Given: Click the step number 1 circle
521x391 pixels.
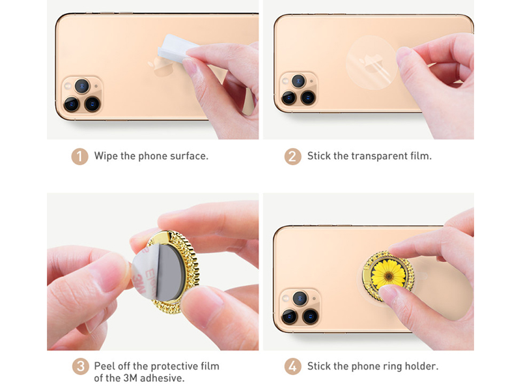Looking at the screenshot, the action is coord(79,156).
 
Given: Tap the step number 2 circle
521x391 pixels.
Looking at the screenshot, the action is coord(292,156).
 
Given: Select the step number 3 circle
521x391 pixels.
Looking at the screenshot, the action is coord(80,366).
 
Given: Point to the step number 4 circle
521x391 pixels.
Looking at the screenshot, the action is coord(292,366).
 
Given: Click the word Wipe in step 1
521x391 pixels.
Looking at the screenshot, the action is coord(106,156).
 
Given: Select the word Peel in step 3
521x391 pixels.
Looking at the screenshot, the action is coord(105,366).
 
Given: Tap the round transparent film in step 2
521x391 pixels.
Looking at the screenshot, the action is coord(371,63).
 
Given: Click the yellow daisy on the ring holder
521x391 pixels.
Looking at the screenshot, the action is coord(388,275).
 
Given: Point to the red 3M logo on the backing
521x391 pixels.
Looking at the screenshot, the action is coord(139,282).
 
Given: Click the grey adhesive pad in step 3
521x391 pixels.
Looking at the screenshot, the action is coord(170,272).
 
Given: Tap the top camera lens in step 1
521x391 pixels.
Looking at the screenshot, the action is coord(82,86).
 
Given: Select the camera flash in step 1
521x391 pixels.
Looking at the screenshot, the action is coord(68,86).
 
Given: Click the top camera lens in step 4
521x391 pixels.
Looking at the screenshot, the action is coord(300,298).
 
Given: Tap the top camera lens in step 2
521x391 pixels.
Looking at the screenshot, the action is coord(298,81).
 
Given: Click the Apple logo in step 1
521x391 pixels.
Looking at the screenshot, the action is coord(161,66).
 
